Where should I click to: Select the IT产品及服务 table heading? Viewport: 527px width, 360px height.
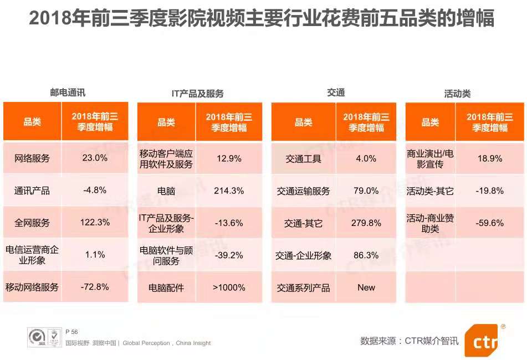pos(198,94)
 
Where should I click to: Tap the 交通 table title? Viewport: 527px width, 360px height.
pos(336,92)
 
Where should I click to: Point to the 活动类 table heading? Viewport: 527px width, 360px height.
pos(457,94)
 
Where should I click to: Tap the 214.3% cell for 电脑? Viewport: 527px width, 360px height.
pos(229,191)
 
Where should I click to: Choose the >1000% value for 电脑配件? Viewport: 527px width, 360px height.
pos(229,287)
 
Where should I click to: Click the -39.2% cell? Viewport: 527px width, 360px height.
pos(229,255)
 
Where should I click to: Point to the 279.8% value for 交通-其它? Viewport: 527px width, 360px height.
pos(366,223)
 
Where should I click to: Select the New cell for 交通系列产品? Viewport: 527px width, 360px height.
pos(366,287)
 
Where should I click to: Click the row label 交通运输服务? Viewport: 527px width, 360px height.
pos(303,191)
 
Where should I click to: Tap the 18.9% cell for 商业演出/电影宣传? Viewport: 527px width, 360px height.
pos(490,158)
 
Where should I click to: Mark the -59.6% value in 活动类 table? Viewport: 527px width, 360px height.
pos(490,223)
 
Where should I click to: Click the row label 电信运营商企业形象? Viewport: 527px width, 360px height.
pos(32,255)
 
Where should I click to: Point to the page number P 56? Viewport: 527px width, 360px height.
pos(71,332)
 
